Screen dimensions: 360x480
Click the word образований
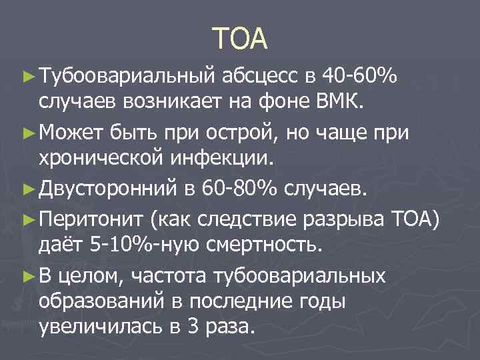pos(109,301)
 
